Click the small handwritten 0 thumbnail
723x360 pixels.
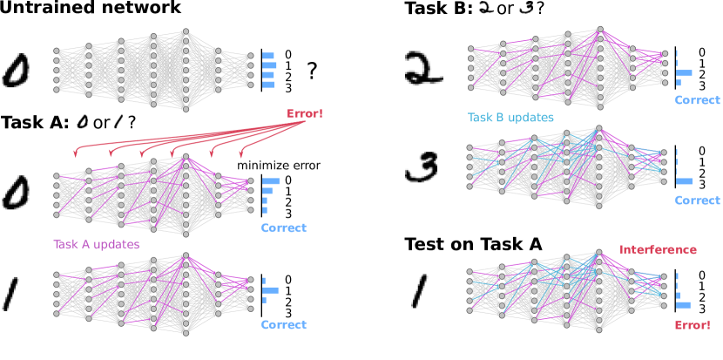click(83, 121)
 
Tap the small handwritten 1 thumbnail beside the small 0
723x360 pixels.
click(118, 121)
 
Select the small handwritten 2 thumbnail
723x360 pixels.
click(486, 8)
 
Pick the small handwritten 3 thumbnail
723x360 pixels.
click(526, 8)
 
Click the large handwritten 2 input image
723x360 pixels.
click(424, 68)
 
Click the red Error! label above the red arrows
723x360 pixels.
click(304, 114)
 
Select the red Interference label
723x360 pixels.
click(658, 250)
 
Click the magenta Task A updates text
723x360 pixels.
click(96, 245)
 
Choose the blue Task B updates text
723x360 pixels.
click(510, 117)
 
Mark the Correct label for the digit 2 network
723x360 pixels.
click(698, 100)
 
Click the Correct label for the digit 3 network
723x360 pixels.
click(698, 200)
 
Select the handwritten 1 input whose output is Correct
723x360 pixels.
click(12, 292)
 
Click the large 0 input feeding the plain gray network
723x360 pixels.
click(16, 71)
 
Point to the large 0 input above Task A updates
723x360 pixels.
click(16, 193)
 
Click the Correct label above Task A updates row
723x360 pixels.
click(283, 228)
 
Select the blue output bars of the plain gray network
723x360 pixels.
click(269, 70)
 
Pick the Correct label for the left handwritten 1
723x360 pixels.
click(283, 324)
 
